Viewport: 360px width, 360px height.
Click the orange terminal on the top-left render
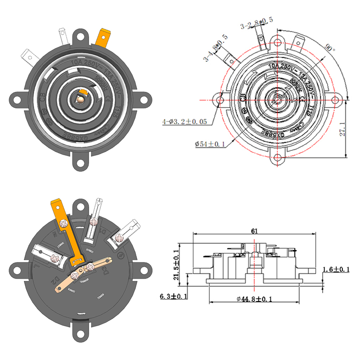(104, 39)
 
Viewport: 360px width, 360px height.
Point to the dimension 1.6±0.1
(337, 269)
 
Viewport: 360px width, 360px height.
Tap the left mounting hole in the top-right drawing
(219, 99)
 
